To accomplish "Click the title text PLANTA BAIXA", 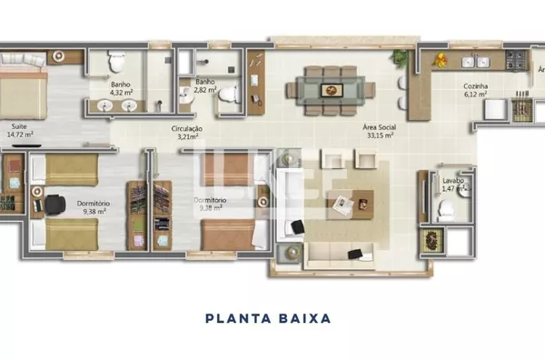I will coord(267,319).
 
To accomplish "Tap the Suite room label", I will coord(19,126).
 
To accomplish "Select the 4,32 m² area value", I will coord(121,93).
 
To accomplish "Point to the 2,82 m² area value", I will coord(204,91).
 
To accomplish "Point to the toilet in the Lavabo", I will coord(446,209).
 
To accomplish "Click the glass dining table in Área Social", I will coord(331,88).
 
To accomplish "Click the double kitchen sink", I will coord(478,61).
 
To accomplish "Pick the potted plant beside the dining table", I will coord(398,58).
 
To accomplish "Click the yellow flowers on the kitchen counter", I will coord(441,62).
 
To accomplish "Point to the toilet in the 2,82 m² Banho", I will coord(230,94).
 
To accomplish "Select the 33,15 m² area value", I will coord(378,135).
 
